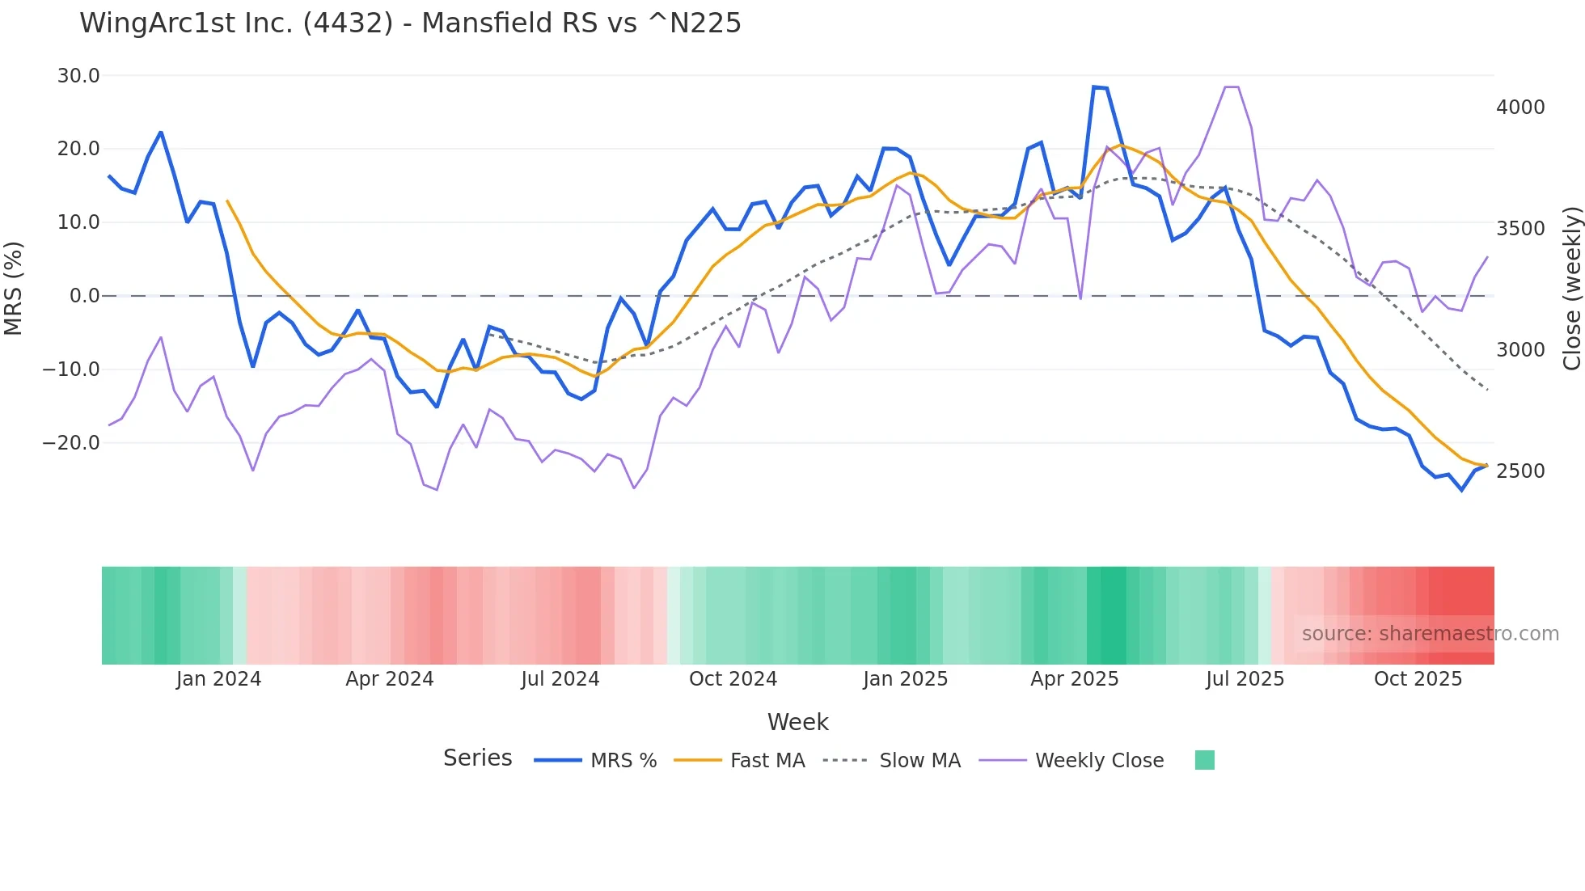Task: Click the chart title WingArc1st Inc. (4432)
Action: click(x=410, y=23)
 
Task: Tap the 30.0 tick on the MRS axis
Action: click(x=78, y=76)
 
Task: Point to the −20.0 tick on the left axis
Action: click(x=71, y=443)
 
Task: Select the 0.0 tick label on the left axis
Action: click(x=85, y=296)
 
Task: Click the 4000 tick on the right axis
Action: click(x=1520, y=108)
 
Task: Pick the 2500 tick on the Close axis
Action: click(x=1520, y=471)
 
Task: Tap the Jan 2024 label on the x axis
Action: click(x=218, y=679)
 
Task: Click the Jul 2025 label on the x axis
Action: click(x=1245, y=679)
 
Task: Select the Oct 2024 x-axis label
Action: click(x=733, y=679)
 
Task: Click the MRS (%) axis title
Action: click(x=14, y=288)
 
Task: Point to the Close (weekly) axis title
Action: click(x=1571, y=289)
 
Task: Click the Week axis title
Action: click(x=797, y=722)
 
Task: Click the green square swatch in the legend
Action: click(x=1204, y=760)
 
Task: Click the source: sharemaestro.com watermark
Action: click(x=1430, y=634)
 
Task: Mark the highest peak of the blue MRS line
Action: click(x=1094, y=87)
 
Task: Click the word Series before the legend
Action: click(x=477, y=758)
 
